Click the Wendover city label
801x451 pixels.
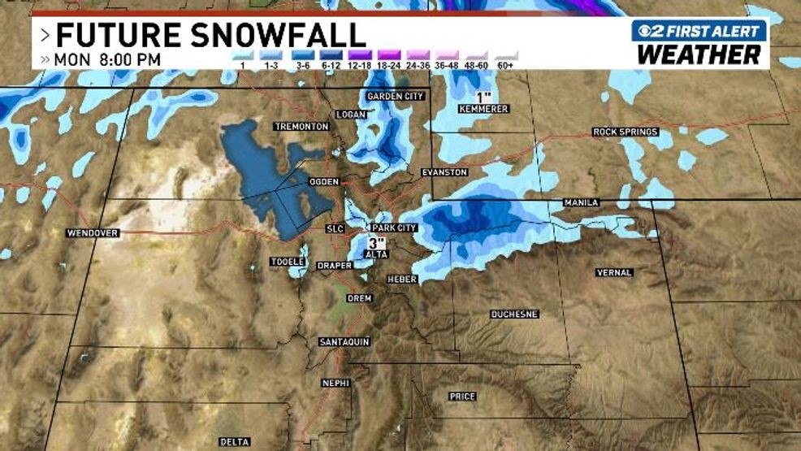point(93,233)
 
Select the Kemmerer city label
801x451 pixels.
point(483,109)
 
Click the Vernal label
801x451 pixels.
point(614,272)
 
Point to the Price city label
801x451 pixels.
point(462,397)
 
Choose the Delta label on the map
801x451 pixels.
point(234,442)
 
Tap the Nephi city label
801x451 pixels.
point(334,383)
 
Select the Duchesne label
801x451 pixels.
point(515,314)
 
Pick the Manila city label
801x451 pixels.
point(582,202)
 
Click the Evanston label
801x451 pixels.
point(444,172)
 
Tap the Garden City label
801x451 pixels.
point(396,96)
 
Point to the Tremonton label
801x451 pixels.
point(301,127)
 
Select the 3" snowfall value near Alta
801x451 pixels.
point(376,243)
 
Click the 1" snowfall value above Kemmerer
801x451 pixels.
point(487,98)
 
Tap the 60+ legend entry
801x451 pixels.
point(505,64)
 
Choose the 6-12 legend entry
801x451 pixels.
point(329,64)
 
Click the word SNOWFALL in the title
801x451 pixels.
point(271,35)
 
